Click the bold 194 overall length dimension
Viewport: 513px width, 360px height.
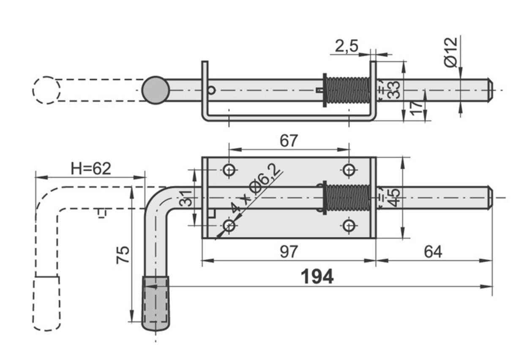(x=317, y=277)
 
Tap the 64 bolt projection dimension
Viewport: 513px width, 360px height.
(x=433, y=252)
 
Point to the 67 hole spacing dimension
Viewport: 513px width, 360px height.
(x=289, y=141)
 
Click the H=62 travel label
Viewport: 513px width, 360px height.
(x=91, y=169)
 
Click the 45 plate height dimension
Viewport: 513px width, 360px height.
(x=394, y=198)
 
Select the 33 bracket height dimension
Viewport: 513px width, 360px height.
(x=394, y=90)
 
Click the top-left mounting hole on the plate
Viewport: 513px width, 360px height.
(x=229, y=170)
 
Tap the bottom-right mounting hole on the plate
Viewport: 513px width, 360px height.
(x=348, y=226)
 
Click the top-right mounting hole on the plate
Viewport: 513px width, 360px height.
(x=348, y=170)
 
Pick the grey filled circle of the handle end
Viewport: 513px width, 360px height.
(x=156, y=90)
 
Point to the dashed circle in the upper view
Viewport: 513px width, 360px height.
(x=46, y=90)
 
